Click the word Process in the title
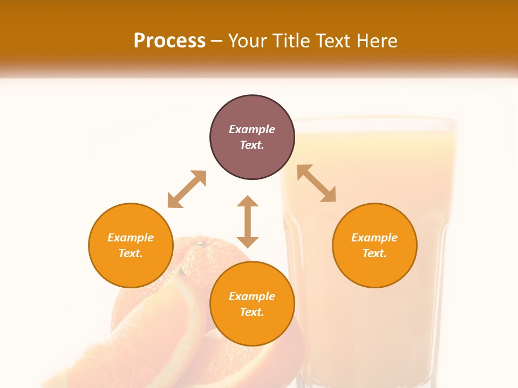pos(169,41)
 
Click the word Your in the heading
pos(247,41)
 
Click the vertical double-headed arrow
pos(248,221)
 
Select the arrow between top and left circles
pos(187,189)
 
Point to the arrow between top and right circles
pos(316,183)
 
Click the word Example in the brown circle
pos(252,129)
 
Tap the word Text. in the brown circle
pos(252,145)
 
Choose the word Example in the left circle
pos(131,238)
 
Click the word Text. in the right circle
pos(374,253)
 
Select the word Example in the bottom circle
pos(252,296)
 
